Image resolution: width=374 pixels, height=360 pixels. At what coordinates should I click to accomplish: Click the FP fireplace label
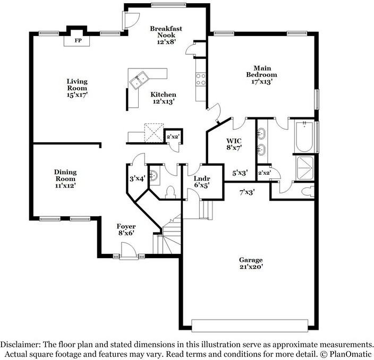coord(78,40)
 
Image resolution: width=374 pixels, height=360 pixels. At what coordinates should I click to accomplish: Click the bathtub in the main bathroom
coord(304,137)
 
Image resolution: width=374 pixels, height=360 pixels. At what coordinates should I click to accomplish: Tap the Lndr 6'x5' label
coord(202,182)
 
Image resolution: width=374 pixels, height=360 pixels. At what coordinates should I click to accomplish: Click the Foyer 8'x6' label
coord(126,229)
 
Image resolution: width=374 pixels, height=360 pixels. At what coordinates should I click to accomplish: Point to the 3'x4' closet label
coord(137,179)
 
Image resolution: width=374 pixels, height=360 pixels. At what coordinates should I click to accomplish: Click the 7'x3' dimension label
coord(247,192)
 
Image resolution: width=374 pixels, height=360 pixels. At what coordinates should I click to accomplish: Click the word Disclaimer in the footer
coord(22,344)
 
